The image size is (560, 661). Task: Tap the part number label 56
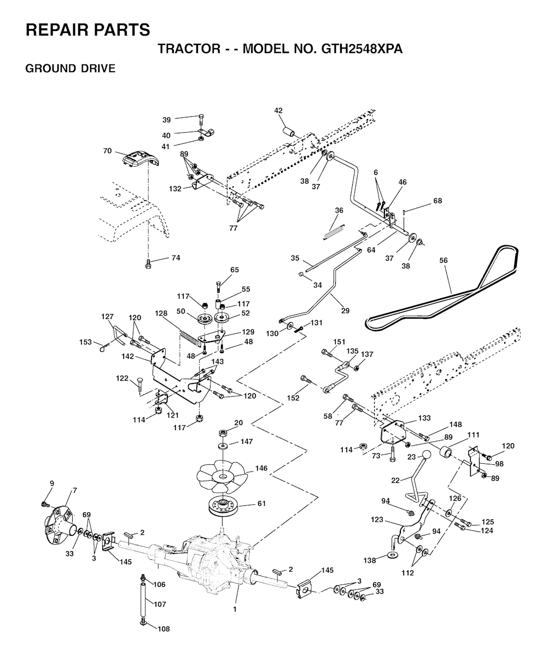[444, 261]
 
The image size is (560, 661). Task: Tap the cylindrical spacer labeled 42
[289, 132]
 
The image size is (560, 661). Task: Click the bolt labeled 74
[148, 265]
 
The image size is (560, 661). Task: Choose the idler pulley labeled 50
[205, 318]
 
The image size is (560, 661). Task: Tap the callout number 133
[424, 418]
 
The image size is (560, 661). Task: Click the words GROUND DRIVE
[71, 68]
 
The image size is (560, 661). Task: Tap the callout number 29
[346, 310]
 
